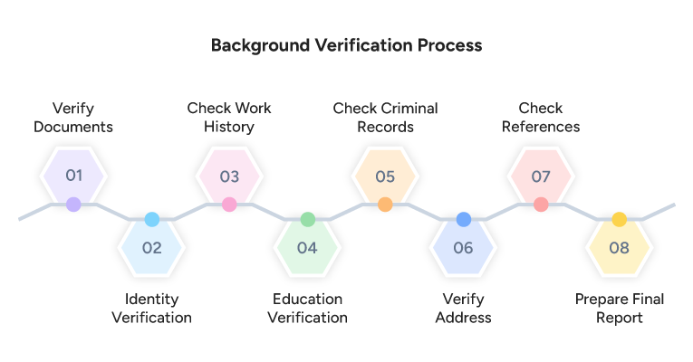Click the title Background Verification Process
(346, 44)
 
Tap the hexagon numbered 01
(73, 175)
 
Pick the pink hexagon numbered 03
(229, 175)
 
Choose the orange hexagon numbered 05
(385, 175)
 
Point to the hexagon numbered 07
(541, 175)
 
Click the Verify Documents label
(73, 118)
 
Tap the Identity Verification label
(151, 308)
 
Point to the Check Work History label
(229, 118)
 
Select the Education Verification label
(307, 308)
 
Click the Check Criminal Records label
(385, 118)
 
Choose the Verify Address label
(463, 308)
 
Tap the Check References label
(541, 118)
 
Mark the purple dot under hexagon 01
(73, 205)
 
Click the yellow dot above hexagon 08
(619, 219)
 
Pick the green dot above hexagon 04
(307, 219)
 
